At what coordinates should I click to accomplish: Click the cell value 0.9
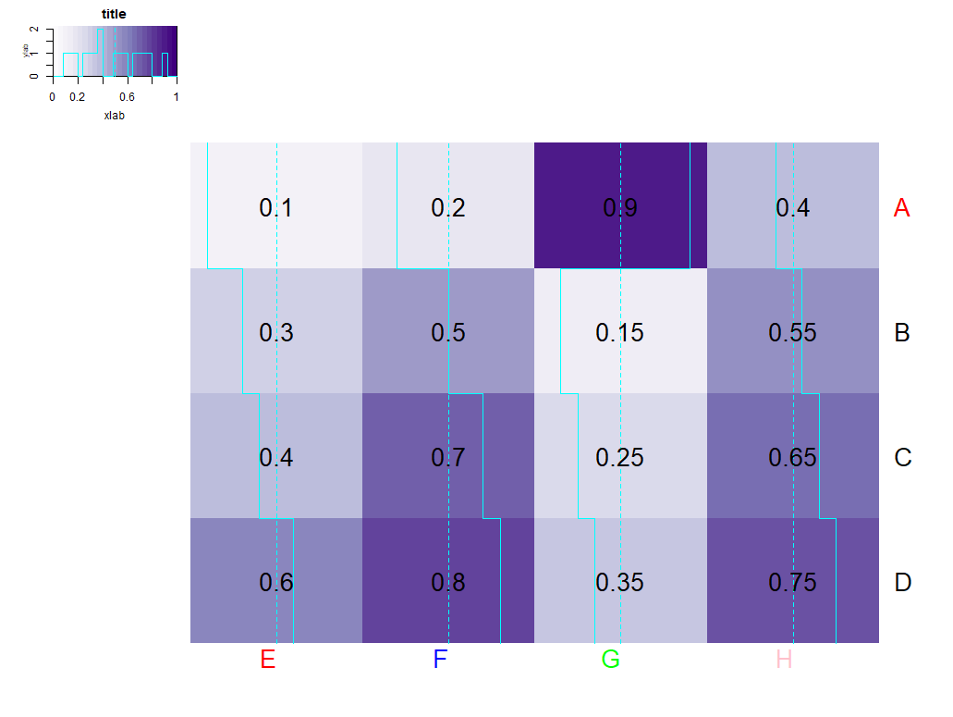[x=619, y=208]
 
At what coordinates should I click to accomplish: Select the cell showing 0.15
[x=619, y=333]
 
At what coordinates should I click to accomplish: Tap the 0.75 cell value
[x=792, y=583]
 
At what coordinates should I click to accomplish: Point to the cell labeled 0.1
[x=275, y=208]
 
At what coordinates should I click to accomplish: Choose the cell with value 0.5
[x=448, y=333]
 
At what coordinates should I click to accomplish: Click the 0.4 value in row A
[x=792, y=208]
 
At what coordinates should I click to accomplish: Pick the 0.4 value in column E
[x=275, y=458]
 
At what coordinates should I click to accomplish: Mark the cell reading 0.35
[x=619, y=583]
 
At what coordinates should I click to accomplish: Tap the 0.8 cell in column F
[x=448, y=583]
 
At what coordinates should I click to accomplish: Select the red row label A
[x=902, y=209]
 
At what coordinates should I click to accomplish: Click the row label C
[x=903, y=458]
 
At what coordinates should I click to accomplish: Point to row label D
[x=903, y=583]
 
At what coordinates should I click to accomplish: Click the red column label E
[x=268, y=660]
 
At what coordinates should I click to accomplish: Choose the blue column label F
[x=440, y=660]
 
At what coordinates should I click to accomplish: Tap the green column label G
[x=610, y=660]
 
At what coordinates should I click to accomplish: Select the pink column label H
[x=784, y=660]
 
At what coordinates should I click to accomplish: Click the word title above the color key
[x=114, y=15]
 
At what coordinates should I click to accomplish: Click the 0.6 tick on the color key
[x=127, y=96]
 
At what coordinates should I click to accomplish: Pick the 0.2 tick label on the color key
[x=77, y=96]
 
